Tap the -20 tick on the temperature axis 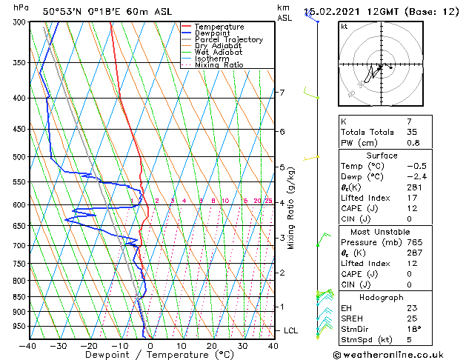(x=89, y=345)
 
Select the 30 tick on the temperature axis (x=242, y=345)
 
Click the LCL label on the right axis (x=292, y=330)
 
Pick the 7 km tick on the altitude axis (x=282, y=93)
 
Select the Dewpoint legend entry (x=213, y=33)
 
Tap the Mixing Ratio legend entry (x=219, y=65)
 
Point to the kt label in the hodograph (x=344, y=26)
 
